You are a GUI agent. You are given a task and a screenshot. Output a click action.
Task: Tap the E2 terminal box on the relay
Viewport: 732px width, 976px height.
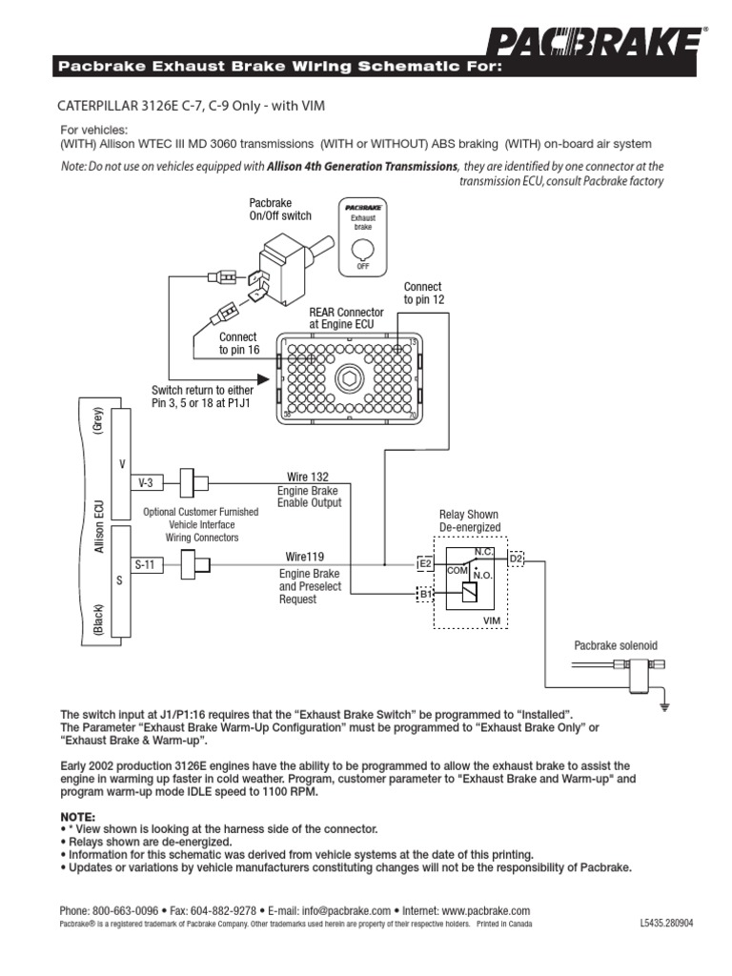coord(426,564)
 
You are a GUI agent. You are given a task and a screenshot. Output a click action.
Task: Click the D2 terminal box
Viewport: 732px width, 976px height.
coord(516,559)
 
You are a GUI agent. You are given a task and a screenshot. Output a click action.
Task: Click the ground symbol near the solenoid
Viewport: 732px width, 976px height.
coord(667,707)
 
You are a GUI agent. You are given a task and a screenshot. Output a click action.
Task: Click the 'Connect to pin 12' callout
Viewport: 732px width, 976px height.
coord(423,293)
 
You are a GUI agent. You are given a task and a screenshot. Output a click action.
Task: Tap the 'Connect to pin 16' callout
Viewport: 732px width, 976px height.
coord(238,343)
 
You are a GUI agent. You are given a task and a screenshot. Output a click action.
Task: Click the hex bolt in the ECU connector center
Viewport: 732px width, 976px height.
coord(349,380)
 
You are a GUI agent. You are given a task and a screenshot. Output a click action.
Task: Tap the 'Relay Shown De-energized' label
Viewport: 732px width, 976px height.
coord(468,520)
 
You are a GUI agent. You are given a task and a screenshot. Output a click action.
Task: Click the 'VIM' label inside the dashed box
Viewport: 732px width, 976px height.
coord(492,620)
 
